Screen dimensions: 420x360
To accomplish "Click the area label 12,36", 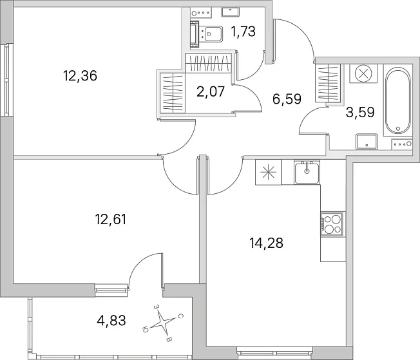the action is tap(80, 76).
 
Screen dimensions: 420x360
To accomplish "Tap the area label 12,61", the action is tap(110, 219).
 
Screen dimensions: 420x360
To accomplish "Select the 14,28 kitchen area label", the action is tap(266, 243).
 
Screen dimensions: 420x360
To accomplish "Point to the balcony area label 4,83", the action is tap(111, 320).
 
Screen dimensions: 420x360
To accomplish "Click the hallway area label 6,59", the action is tap(287, 99).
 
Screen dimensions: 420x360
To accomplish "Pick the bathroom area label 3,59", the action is tap(360, 112).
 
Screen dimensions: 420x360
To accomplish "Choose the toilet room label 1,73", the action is tap(243, 32).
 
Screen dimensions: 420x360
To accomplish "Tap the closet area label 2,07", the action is tap(211, 92).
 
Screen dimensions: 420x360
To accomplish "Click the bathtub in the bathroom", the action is tap(397, 100).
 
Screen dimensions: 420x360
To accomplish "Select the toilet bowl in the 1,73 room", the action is tap(211, 33).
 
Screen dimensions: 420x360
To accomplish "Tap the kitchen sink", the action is tap(307, 173).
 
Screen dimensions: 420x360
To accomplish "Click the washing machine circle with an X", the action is tap(363, 73).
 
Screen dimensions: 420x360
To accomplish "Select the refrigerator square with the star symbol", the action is tap(268, 172).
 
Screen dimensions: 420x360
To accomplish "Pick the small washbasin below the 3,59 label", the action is tap(367, 142).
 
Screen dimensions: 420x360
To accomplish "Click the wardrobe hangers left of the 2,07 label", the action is tap(173, 93).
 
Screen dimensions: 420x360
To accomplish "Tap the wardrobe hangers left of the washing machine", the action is tap(328, 83).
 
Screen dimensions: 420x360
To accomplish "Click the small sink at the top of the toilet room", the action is tap(230, 12).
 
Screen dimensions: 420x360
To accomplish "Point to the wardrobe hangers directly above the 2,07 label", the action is tap(208, 63).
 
